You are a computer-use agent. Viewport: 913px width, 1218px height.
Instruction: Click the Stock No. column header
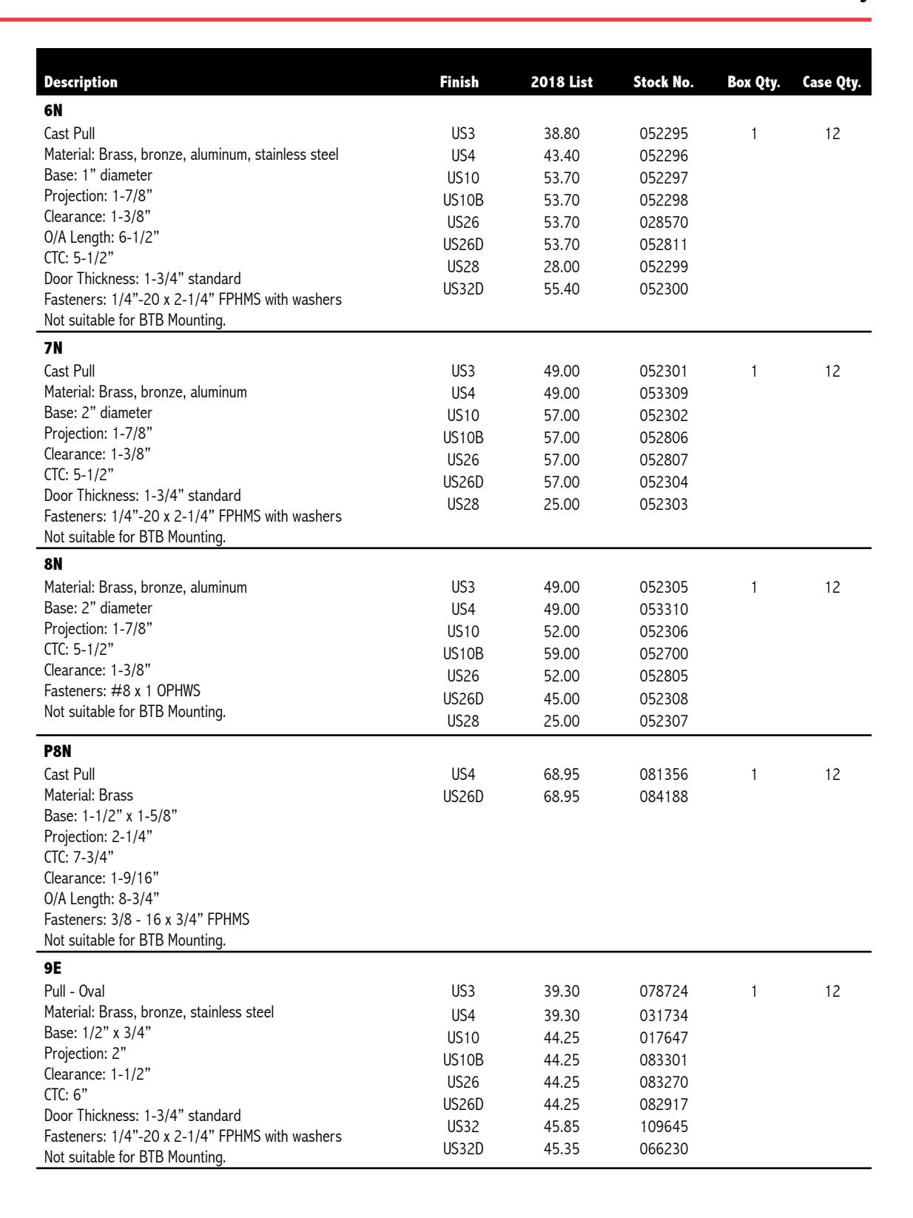pos(663,82)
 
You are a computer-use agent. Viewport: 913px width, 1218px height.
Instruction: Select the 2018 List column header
pos(561,82)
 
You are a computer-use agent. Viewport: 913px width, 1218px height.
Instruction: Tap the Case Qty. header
pos(832,82)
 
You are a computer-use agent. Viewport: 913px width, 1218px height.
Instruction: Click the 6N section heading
pos(54,115)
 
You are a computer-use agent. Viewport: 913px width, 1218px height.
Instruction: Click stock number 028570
pos(664,223)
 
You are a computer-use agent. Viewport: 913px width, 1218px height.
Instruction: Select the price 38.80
pos(561,135)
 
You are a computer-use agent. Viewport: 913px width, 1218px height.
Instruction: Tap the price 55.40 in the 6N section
pos(561,289)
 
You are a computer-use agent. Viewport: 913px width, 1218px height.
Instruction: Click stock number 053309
pos(664,393)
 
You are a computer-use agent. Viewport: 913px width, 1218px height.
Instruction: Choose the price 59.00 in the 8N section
pos(561,654)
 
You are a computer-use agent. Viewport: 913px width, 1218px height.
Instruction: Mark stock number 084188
pos(664,797)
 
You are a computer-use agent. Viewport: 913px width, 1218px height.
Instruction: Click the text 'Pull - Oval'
pos(75,992)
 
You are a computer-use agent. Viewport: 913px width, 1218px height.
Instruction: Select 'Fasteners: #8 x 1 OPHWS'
pos(122,692)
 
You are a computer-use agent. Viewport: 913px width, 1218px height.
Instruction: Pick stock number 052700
pos(664,654)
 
